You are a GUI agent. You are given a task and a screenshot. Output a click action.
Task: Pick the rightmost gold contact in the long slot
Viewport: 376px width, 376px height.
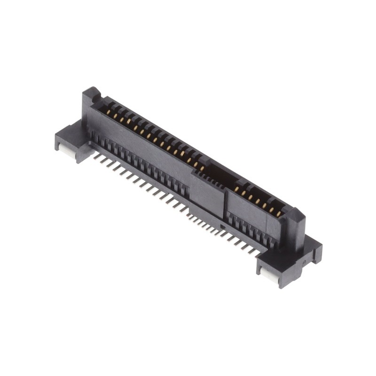pos(203,168)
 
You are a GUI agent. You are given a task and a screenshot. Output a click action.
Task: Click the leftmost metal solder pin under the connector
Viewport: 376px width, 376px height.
pos(96,157)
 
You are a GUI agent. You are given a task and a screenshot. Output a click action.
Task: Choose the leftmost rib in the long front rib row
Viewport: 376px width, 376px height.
pos(94,137)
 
